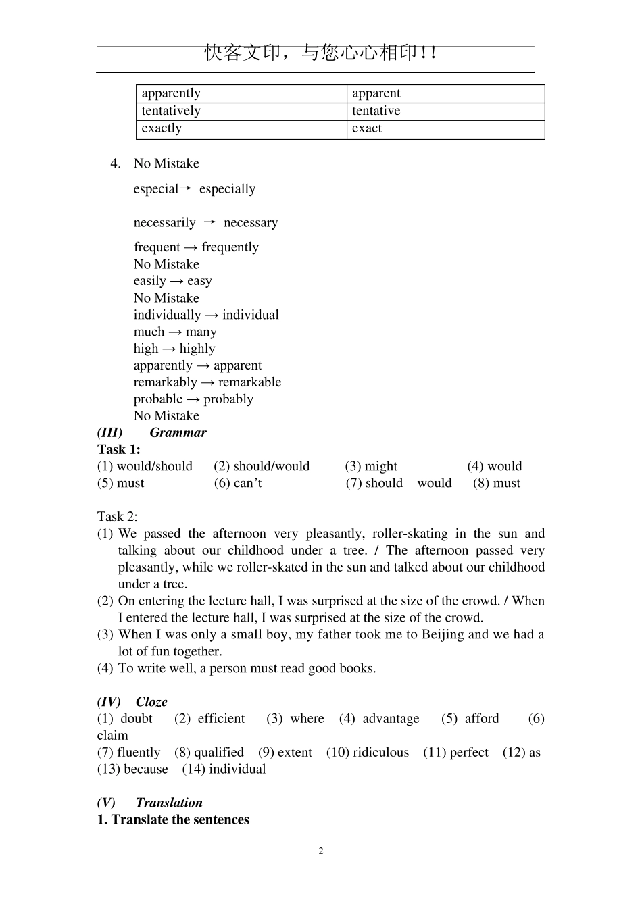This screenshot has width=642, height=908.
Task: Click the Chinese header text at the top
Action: click(320, 53)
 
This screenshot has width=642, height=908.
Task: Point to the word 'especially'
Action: click(227, 189)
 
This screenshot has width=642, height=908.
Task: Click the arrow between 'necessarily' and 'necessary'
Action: click(209, 222)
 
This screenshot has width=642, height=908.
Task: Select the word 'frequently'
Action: click(230, 247)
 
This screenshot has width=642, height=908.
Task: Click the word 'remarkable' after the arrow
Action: click(249, 382)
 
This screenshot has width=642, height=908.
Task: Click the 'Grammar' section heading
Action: click(178, 433)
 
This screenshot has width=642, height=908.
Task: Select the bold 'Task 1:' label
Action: click(119, 450)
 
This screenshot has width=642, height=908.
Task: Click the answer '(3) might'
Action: click(371, 466)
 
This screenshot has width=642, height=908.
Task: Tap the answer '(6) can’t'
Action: click(238, 483)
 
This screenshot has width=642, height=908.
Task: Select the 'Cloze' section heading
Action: click(151, 702)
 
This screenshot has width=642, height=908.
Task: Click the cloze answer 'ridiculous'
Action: click(380, 753)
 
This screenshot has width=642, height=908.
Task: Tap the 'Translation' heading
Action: click(169, 803)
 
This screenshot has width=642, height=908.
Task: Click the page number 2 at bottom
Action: click(321, 851)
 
